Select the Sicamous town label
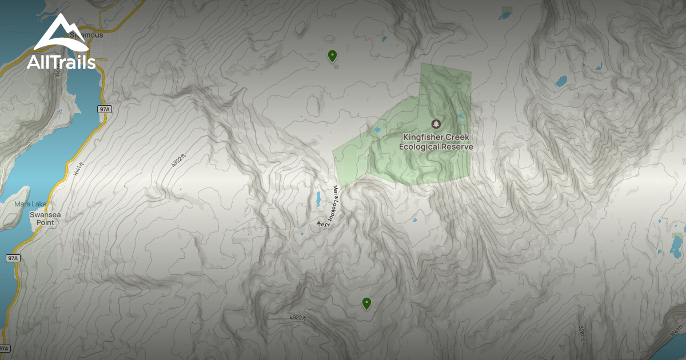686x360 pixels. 86,35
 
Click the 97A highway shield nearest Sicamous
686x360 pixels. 103,109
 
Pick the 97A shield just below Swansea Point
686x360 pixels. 13,258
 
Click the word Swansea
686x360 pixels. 42,214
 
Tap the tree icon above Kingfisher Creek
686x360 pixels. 436,124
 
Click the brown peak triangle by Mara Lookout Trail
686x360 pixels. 319,223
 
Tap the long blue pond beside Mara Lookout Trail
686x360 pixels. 318,199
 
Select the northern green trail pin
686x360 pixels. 332,55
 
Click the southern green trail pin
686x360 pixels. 366,303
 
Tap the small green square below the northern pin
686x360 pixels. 336,67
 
